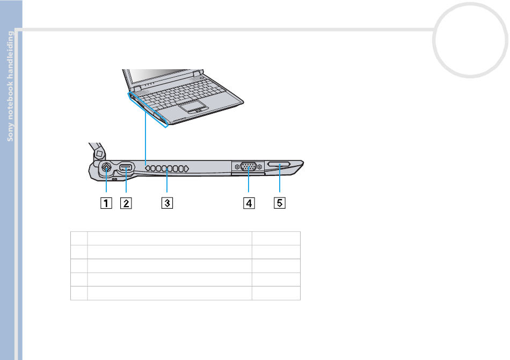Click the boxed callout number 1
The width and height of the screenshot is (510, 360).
pos(106,203)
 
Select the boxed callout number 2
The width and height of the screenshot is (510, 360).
pos(126,203)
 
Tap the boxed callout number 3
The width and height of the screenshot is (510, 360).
pos(167,203)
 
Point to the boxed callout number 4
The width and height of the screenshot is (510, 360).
pos(249,203)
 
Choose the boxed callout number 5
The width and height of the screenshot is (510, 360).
pos(279,203)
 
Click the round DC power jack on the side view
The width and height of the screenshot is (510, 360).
pos(106,167)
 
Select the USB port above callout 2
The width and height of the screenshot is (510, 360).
pos(126,167)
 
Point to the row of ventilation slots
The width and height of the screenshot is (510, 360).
pos(167,168)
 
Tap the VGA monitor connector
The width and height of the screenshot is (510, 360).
pos(248,167)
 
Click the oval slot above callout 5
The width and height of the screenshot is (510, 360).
pos(279,164)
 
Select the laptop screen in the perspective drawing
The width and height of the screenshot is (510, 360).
pos(160,77)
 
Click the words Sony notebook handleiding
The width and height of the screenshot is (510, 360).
pos(10,86)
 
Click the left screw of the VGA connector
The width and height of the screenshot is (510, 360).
pos(237,167)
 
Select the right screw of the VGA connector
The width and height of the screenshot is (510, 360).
pos(259,167)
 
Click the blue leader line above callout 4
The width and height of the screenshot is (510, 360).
pos(249,180)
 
